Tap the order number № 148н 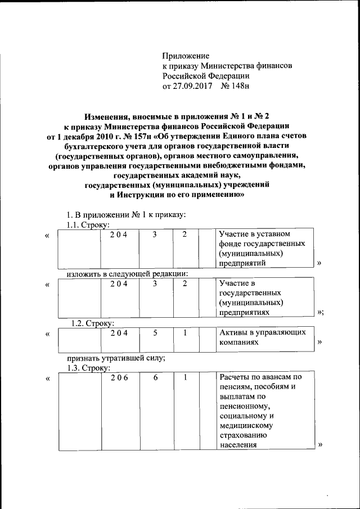pyautogui.click(x=235, y=87)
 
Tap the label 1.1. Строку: pyautogui.click(x=87, y=225)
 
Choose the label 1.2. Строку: pyautogui.click(x=92, y=323)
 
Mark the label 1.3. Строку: pyautogui.click(x=87, y=368)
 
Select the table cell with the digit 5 pyautogui.click(x=155, y=333)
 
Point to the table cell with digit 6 pyautogui.click(x=155, y=377)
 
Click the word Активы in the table pyautogui.click(x=232, y=332)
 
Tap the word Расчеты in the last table pyautogui.click(x=235, y=377)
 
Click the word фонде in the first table pyautogui.click(x=230, y=244)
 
